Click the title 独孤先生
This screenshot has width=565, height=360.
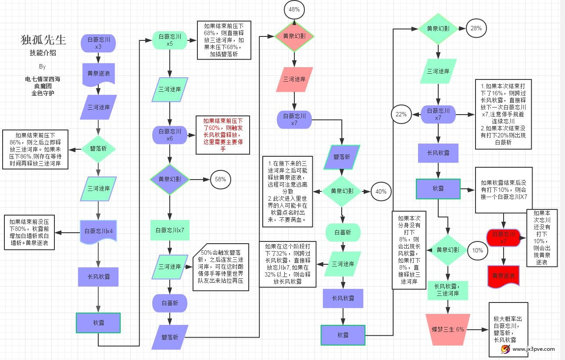coord(43,40)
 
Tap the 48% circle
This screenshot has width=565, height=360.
coord(294,9)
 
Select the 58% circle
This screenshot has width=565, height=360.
coord(220,179)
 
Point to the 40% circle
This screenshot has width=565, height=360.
coord(381,191)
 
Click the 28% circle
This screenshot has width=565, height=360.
coord(476,28)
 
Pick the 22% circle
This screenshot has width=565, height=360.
coord(401,115)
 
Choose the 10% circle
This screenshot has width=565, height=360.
coord(477,250)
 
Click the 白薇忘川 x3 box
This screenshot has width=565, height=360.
coord(98,43)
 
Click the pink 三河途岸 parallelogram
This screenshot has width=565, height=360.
coord(294,79)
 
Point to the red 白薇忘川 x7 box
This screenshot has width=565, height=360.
coord(503,238)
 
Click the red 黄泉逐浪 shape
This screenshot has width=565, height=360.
coord(503,276)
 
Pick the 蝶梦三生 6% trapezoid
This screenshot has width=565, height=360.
coord(447,329)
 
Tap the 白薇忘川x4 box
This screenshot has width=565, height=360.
coord(98,231)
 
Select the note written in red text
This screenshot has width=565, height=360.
coord(222,135)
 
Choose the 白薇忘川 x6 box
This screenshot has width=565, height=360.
coord(169,135)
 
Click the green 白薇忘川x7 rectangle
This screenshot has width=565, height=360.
coord(169,230)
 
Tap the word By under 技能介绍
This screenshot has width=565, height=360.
coord(43,67)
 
